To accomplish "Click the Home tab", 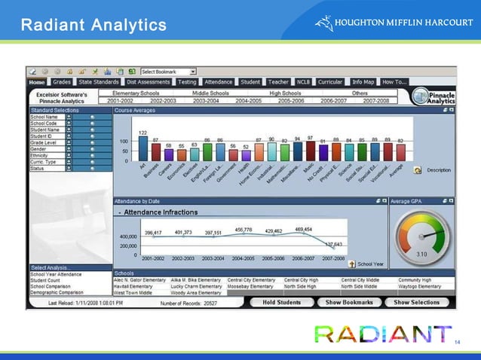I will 37,81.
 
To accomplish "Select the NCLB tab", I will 304,81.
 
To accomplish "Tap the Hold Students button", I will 281,302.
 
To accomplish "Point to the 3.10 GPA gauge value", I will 423,255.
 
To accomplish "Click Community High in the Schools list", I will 415,279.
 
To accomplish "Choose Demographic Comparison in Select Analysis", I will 57,293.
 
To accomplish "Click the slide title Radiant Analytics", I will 93,26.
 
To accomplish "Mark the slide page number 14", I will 457,343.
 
